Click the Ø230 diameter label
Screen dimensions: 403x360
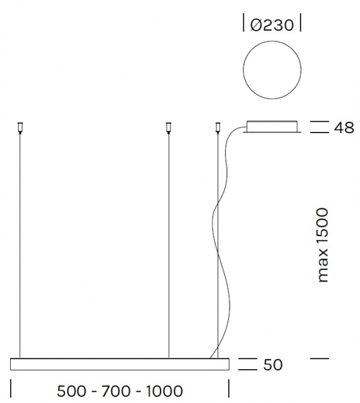[272, 25]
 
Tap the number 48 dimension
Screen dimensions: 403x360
[344, 128]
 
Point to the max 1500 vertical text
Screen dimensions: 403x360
[322, 245]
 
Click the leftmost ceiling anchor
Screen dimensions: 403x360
[20, 128]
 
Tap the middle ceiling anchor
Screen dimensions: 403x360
[168, 128]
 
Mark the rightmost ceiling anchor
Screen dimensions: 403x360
[218, 128]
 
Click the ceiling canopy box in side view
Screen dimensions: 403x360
[272, 126]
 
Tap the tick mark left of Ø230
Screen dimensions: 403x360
[243, 25]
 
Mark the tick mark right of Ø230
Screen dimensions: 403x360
[300, 25]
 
